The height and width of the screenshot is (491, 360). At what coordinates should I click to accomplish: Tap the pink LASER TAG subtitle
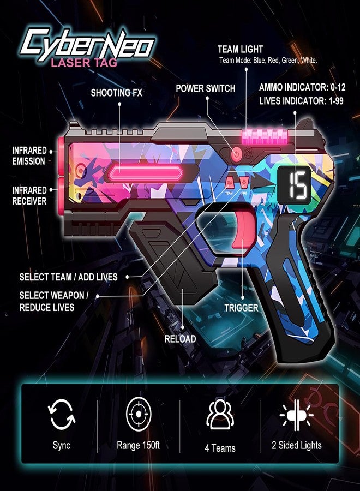click(84, 63)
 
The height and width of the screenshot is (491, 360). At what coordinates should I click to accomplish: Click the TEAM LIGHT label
click(240, 49)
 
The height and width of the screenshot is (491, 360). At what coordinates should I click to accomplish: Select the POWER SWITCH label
click(205, 88)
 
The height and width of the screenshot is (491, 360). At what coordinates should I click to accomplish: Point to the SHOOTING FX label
click(116, 93)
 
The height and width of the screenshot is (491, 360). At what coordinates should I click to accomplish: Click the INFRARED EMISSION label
click(29, 155)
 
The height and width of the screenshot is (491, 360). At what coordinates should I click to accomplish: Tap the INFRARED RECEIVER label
click(29, 195)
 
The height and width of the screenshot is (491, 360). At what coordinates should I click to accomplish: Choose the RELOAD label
click(181, 339)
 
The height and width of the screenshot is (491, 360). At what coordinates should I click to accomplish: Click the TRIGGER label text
click(241, 308)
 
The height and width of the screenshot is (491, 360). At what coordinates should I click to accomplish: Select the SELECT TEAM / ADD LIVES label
click(68, 277)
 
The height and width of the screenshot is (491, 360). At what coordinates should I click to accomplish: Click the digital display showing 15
click(295, 185)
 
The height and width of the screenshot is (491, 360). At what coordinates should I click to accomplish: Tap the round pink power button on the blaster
click(237, 154)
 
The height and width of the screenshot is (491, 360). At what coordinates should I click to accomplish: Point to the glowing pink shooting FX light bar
click(146, 173)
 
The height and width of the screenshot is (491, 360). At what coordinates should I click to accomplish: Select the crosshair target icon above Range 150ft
click(139, 414)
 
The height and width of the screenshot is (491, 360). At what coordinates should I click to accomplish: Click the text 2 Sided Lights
click(296, 445)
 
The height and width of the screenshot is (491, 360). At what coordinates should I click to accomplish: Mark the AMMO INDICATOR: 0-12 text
click(302, 87)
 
